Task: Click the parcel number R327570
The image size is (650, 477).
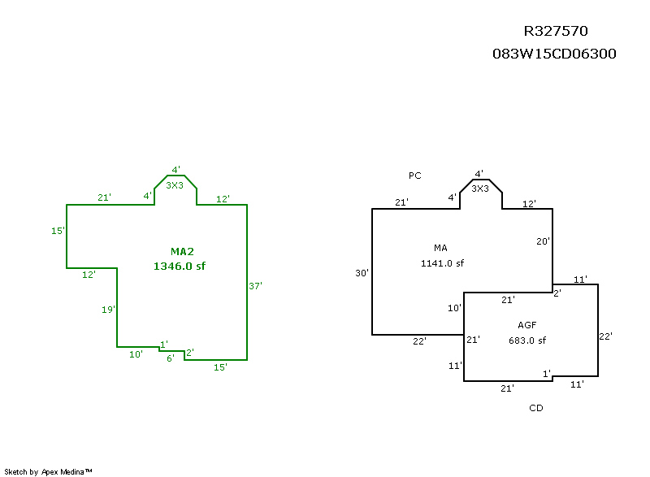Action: [x=555, y=32]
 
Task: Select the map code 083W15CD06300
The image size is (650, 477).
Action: [x=554, y=54]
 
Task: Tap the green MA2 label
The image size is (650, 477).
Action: [x=182, y=251]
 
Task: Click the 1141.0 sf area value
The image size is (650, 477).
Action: [x=442, y=263]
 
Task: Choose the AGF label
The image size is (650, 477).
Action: [x=526, y=325]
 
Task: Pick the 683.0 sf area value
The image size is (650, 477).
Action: [x=527, y=340]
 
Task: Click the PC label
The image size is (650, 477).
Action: [x=415, y=176]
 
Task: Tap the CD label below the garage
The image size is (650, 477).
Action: [x=535, y=408]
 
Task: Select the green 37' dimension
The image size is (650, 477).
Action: [x=256, y=286]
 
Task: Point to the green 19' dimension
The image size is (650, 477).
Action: [x=109, y=310]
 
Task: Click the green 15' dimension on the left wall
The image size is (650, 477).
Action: [x=58, y=231]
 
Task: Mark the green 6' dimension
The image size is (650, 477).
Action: [x=171, y=358]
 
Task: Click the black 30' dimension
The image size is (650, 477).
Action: [x=362, y=273]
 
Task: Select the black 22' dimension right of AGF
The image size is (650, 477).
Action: [x=605, y=336]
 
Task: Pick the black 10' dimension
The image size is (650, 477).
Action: [x=454, y=308]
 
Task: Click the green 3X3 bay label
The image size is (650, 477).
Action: [x=174, y=185]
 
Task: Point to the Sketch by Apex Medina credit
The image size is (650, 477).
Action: [x=48, y=471]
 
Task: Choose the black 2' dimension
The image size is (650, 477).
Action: [x=557, y=293]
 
